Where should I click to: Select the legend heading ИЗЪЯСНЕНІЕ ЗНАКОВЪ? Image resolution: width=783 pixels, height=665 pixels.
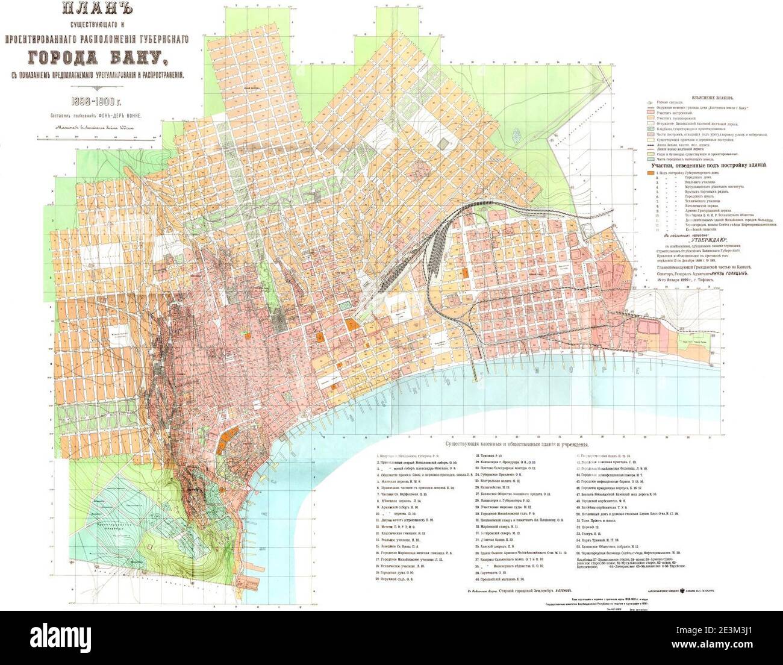point(688,96)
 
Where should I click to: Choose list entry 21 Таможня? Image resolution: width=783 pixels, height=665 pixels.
point(494,456)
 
